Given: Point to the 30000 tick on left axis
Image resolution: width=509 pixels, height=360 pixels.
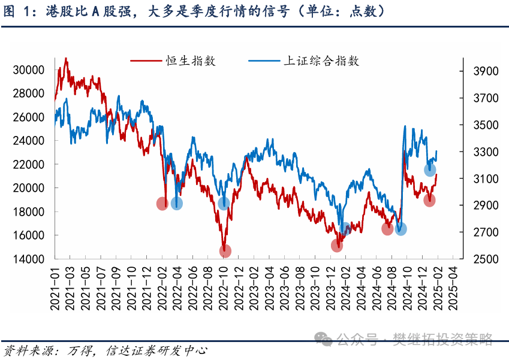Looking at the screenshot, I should click(29, 70).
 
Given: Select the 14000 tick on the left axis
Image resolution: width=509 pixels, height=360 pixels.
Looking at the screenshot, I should click(29, 259).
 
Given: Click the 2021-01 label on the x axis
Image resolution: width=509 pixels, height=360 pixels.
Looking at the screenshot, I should click(55, 288).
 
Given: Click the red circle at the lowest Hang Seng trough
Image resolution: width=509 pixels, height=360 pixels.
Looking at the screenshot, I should click(225, 251).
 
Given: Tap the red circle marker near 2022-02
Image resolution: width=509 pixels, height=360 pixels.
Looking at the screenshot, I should click(162, 204).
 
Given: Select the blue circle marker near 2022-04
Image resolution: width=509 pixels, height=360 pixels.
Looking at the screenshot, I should click(177, 204).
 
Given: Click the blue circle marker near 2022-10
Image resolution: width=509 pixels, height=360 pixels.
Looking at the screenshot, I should click(224, 204).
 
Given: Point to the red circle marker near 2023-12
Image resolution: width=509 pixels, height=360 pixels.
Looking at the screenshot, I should click(337, 246).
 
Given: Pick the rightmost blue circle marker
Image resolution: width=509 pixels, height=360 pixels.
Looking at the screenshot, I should click(430, 170).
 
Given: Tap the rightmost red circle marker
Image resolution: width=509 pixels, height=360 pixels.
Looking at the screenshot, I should click(430, 200).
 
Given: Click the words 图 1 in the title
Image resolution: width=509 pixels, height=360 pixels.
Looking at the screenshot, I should click(16, 11).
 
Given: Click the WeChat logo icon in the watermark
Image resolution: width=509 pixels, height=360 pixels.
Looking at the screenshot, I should click(325, 340).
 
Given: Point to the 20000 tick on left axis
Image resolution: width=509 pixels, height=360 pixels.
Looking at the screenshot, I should click(29, 188).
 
